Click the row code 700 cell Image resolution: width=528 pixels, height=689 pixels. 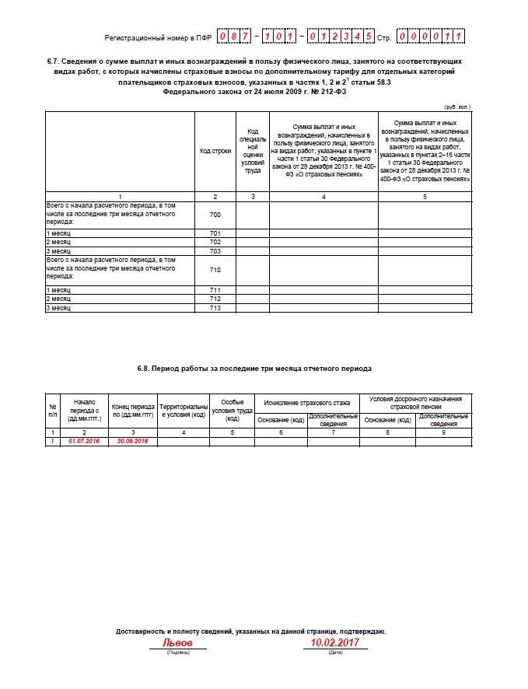click(x=215, y=214)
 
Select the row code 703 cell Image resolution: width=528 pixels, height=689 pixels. click(x=215, y=251)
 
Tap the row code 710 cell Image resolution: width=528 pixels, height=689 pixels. click(x=215, y=270)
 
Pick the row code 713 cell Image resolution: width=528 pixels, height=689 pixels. click(x=215, y=308)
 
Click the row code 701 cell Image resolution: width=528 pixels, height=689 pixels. click(x=215, y=233)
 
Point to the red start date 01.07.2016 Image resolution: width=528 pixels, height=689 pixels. click(x=85, y=441)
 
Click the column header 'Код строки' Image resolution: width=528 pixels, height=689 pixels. click(x=215, y=150)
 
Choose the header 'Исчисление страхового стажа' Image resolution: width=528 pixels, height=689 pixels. click(x=307, y=403)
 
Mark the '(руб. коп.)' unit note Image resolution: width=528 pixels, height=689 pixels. click(x=456, y=106)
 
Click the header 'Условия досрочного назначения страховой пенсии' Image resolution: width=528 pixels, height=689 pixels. click(x=416, y=402)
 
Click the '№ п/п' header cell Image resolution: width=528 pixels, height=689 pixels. click(x=53, y=410)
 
